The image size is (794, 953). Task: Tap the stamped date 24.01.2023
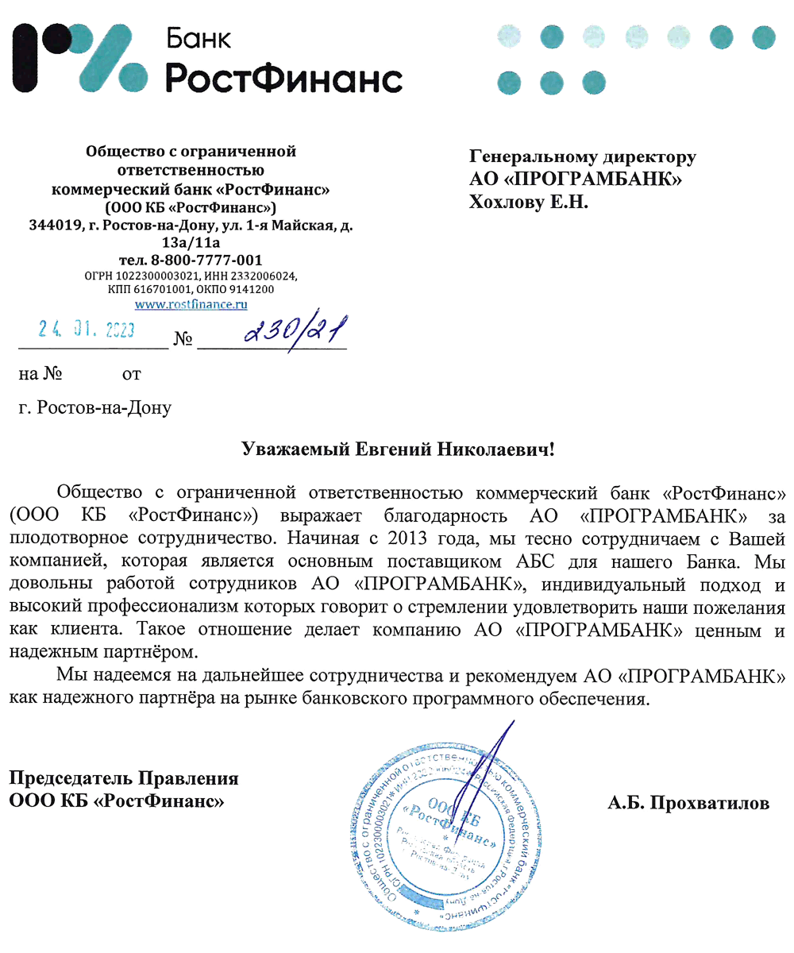coord(87,329)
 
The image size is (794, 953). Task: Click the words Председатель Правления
coord(124,778)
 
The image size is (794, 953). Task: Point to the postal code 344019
coord(55,226)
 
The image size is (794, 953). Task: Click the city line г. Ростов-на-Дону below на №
coord(94,408)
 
